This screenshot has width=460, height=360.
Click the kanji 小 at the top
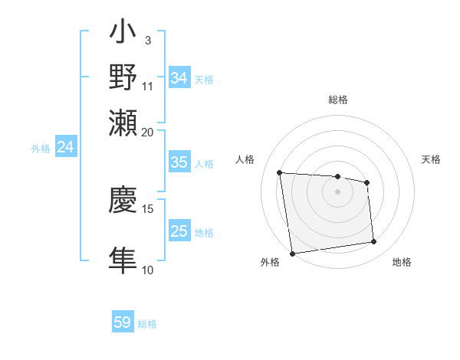click(x=123, y=34)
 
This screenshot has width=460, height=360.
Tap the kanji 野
click(x=123, y=78)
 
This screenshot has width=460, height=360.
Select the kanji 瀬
click(x=123, y=122)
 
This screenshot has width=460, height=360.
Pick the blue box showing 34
click(x=179, y=78)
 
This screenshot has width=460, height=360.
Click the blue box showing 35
click(x=179, y=162)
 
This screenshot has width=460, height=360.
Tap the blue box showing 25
click(x=179, y=231)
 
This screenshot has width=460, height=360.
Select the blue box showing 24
click(x=65, y=148)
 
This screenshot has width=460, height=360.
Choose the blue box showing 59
click(x=123, y=322)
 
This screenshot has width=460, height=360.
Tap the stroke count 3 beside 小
click(x=147, y=40)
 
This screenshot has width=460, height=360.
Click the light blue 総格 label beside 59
click(x=147, y=324)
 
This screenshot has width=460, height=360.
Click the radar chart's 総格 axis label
click(x=337, y=100)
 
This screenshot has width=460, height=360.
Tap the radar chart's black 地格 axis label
click(x=402, y=263)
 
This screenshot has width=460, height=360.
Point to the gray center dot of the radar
click(x=337, y=191)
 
